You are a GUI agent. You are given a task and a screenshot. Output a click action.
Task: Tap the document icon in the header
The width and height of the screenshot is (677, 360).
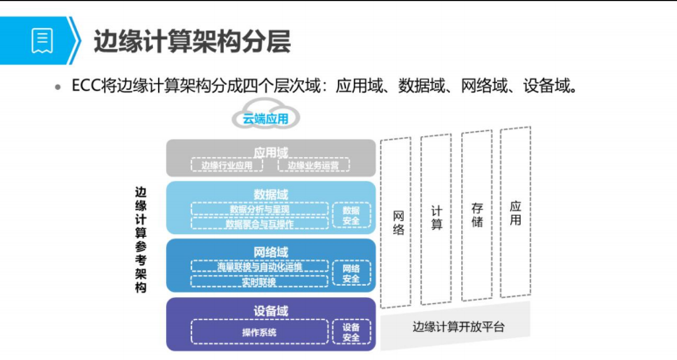pyautogui.click(x=41, y=39)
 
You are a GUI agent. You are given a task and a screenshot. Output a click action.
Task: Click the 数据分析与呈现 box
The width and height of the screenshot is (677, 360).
pyautogui.click(x=259, y=209)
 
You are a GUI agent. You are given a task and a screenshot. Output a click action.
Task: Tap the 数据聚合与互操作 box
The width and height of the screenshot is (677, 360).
pyautogui.click(x=259, y=224)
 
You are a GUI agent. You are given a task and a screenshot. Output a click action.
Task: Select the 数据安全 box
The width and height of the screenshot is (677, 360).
pyautogui.click(x=351, y=216)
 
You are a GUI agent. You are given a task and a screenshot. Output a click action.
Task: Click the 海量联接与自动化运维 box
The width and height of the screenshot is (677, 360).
pyautogui.click(x=259, y=267)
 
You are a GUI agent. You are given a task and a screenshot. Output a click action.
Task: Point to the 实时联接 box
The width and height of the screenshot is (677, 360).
pyautogui.click(x=259, y=282)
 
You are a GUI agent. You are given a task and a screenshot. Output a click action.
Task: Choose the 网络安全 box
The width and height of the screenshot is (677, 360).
pyautogui.click(x=351, y=273)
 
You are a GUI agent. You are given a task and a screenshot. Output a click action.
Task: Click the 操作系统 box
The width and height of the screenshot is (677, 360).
pyautogui.click(x=259, y=333)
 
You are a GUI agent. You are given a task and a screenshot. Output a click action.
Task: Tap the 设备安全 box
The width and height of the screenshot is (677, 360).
pyautogui.click(x=351, y=333)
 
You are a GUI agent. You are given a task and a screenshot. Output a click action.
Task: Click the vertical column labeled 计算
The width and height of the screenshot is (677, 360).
pyautogui.click(x=436, y=218)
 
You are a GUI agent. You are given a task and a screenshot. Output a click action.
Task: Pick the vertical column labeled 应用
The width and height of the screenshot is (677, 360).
pyautogui.click(x=515, y=213)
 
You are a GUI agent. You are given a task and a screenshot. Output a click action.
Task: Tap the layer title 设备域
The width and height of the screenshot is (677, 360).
pyautogui.click(x=271, y=311)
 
